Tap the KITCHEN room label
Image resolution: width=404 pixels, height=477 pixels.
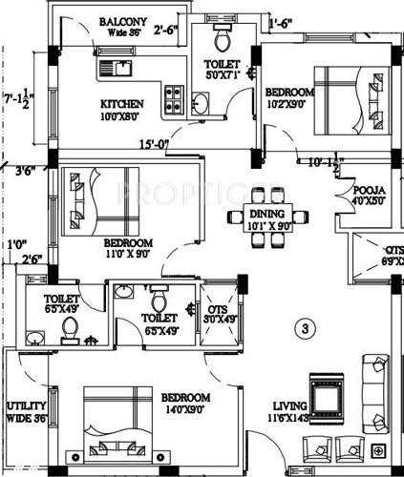[x=122, y=103]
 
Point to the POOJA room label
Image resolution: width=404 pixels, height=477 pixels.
[x=367, y=189]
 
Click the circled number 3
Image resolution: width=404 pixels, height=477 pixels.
[x=305, y=331]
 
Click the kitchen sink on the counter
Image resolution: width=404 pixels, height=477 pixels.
[x=119, y=67]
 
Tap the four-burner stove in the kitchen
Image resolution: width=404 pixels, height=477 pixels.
[x=175, y=94]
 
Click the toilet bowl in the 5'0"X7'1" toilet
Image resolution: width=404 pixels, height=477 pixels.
[x=222, y=39]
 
